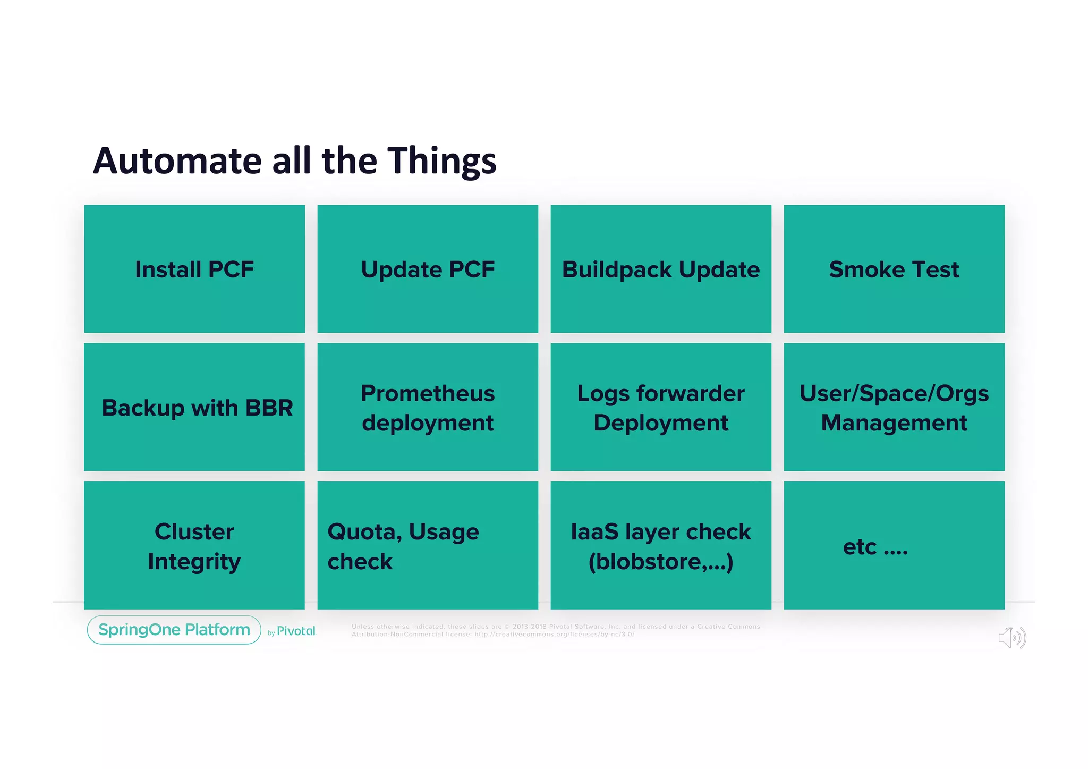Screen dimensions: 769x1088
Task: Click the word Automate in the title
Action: point(177,160)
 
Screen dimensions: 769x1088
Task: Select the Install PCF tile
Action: point(194,269)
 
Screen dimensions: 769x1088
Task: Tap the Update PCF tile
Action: point(428,269)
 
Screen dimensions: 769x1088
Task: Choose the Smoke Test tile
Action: point(894,269)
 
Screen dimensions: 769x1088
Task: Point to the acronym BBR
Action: point(269,408)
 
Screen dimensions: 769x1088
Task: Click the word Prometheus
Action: point(428,394)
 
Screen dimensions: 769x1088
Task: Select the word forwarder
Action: point(690,394)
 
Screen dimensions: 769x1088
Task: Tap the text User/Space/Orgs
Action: point(894,394)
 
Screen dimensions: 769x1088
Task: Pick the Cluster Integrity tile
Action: point(194,546)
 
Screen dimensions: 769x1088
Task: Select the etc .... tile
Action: point(894,546)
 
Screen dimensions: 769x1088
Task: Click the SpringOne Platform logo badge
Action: point(174,630)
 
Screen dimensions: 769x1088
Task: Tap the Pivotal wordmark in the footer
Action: point(296,631)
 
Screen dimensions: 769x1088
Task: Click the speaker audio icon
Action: point(1011,637)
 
